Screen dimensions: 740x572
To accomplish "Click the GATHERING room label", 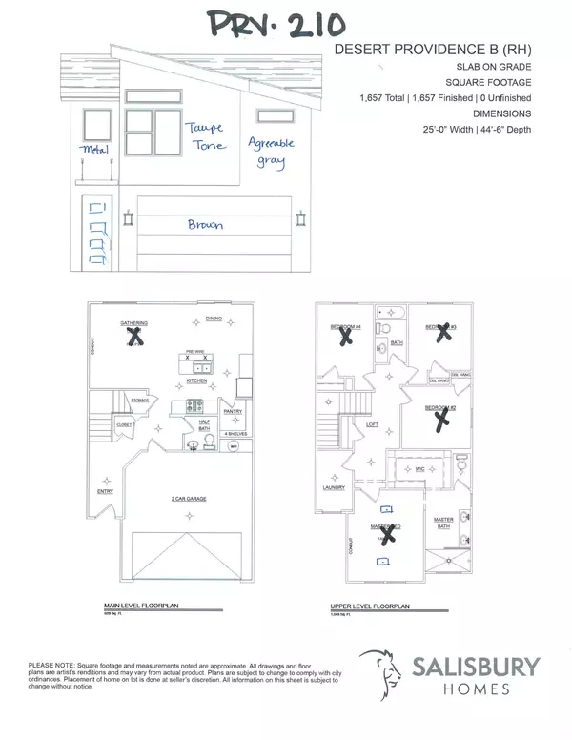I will (133, 324).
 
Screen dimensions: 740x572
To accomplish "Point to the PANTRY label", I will (233, 411).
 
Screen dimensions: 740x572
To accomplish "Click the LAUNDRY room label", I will (333, 486).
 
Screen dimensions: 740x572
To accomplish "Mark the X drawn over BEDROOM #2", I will (439, 420).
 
